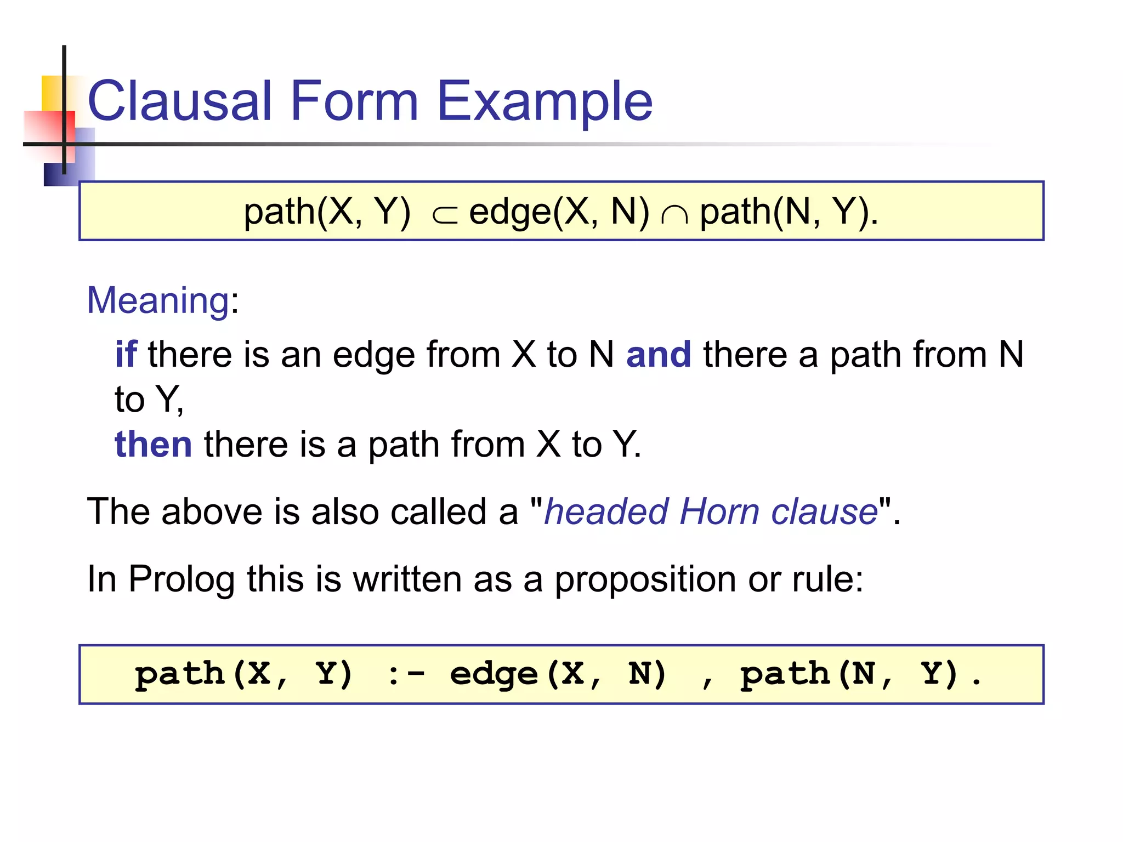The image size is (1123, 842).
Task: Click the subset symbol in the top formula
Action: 444,215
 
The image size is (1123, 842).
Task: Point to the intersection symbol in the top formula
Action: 674,215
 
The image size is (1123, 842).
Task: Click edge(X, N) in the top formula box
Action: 559,212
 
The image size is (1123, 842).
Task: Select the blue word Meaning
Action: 158,300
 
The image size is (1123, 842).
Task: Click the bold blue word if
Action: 126,354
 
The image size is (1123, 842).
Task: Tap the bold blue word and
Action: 659,354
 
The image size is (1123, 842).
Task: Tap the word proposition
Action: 645,579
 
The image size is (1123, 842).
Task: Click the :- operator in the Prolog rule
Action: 406,674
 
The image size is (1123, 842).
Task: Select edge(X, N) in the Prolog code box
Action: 558,674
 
